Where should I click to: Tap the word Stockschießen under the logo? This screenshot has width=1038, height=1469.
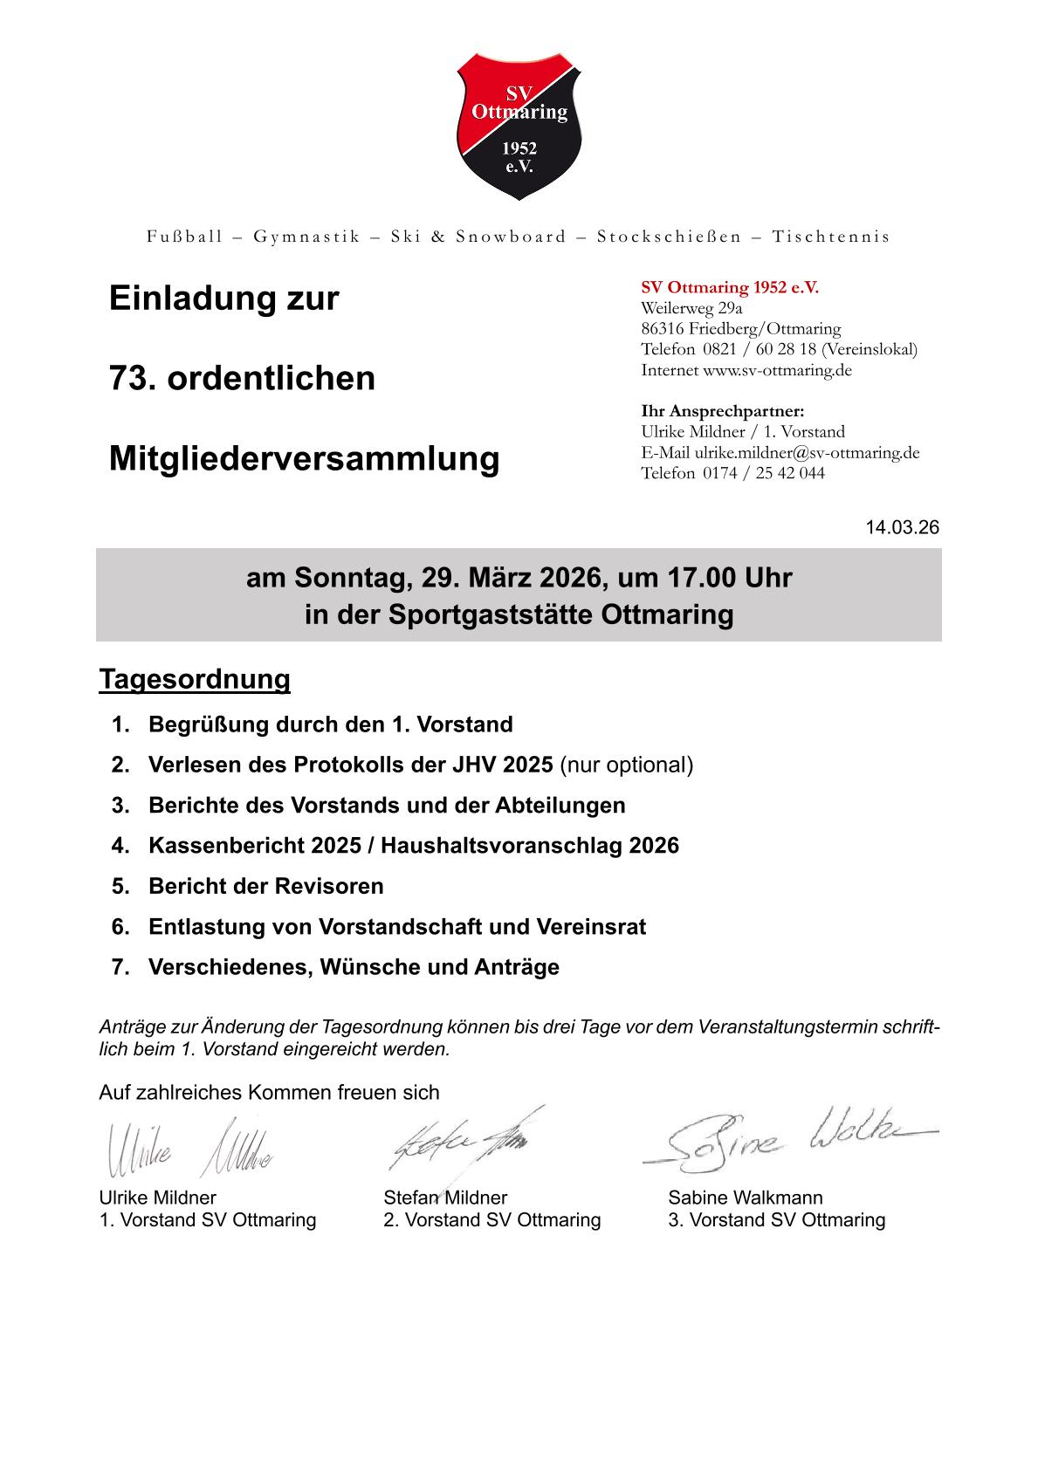coord(669,237)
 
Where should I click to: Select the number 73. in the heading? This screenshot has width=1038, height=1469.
coord(132,379)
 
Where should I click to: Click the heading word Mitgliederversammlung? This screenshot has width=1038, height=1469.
coord(304,458)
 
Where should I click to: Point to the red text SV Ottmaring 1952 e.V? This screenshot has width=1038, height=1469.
coord(730,287)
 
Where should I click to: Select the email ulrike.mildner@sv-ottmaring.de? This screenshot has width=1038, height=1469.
coord(807,452)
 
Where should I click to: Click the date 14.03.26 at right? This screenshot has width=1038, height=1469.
coord(902,528)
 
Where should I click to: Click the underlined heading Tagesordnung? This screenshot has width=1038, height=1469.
coord(194,679)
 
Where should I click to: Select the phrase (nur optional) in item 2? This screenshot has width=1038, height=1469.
coord(626,765)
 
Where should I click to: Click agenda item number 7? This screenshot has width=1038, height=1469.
coord(120,967)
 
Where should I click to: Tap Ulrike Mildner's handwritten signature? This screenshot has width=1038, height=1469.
coord(188,1150)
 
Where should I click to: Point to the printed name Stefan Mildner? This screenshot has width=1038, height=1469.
coord(445,1198)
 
